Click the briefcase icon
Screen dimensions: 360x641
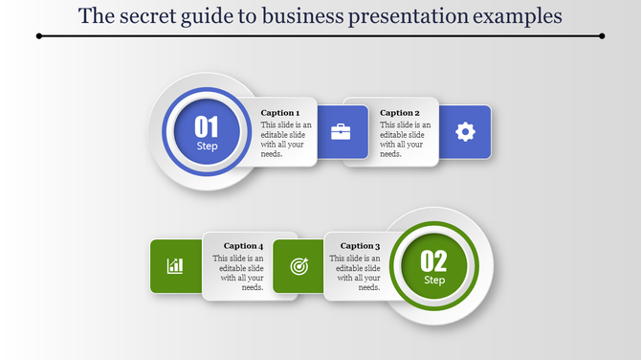click(x=341, y=132)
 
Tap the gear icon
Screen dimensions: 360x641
click(x=465, y=132)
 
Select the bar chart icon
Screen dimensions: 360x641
click(x=175, y=265)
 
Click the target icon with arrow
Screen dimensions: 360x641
click(x=299, y=266)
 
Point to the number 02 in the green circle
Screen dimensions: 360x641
click(x=434, y=260)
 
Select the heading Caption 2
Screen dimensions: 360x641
click(x=399, y=113)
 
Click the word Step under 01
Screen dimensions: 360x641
click(x=207, y=146)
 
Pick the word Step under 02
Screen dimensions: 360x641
click(x=434, y=281)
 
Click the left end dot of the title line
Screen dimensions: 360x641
click(x=38, y=36)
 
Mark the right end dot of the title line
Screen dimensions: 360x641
click(x=602, y=36)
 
